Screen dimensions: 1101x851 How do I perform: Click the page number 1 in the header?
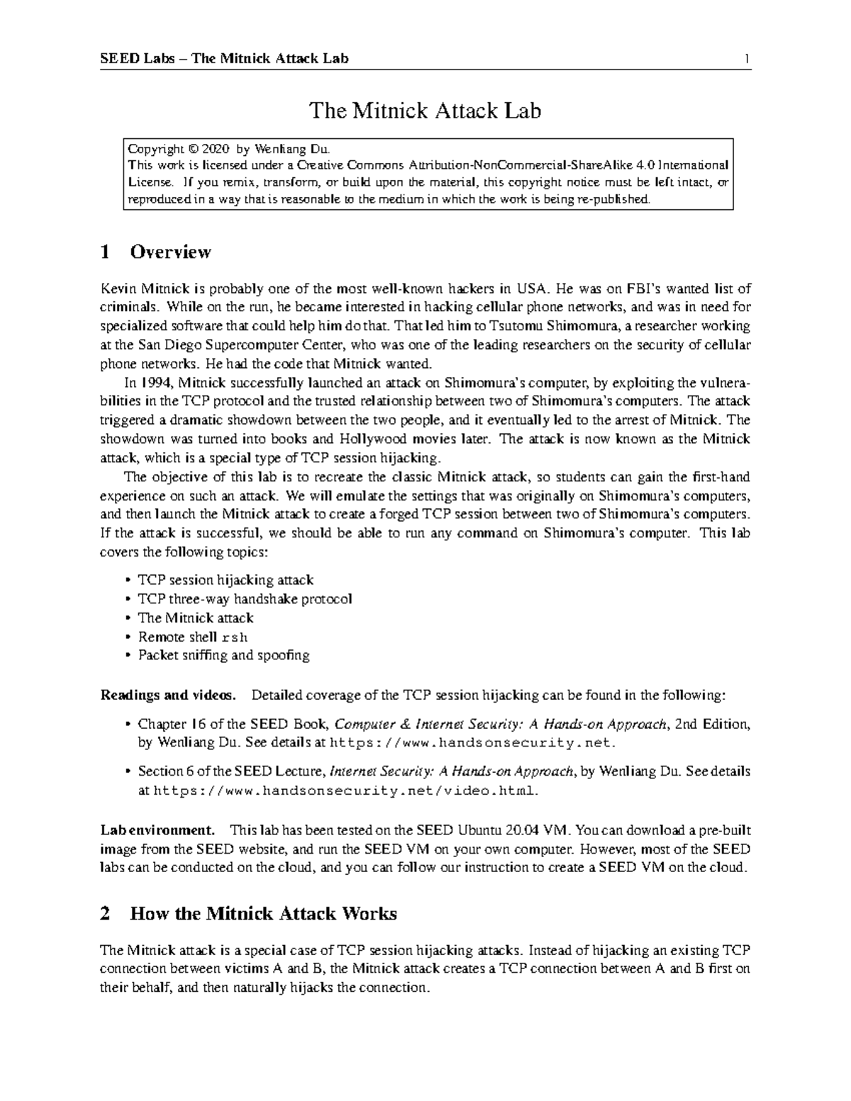tap(747, 58)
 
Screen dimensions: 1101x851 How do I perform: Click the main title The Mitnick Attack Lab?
tap(425, 111)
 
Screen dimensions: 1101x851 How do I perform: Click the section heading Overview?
tap(170, 252)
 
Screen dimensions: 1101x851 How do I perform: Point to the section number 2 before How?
tap(106, 913)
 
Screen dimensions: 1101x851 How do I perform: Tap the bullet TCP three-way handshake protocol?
tap(244, 599)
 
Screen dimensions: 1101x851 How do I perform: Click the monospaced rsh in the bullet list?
tap(234, 637)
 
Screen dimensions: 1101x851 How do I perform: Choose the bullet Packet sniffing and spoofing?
tap(223, 655)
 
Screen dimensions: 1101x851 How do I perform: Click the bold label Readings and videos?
tap(169, 695)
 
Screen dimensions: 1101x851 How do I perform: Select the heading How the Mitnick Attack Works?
tap(263, 913)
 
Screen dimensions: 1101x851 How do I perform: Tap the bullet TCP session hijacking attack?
tap(226, 580)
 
